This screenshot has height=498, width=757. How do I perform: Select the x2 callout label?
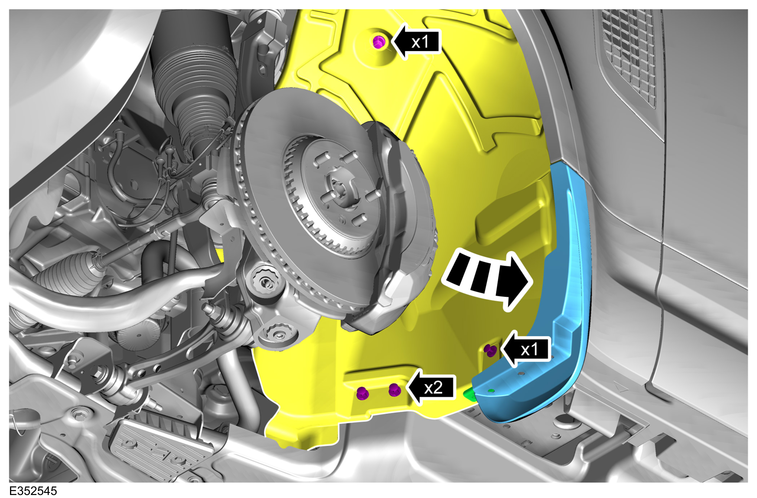point(433,387)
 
